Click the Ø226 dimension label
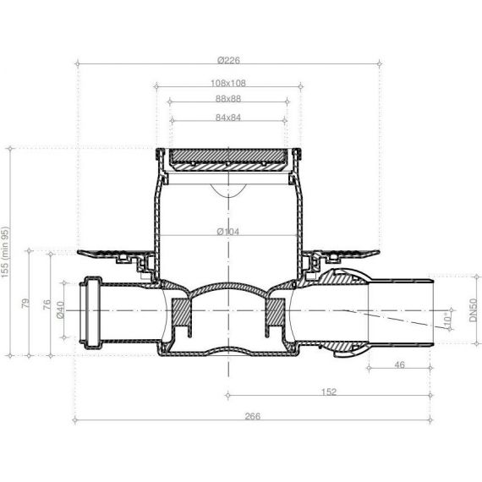(x=228, y=60)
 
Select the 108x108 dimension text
(x=228, y=83)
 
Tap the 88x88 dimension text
(x=228, y=99)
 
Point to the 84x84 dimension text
(x=228, y=118)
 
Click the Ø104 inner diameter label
(x=227, y=232)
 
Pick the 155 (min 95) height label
(x=5, y=252)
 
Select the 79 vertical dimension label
(x=26, y=303)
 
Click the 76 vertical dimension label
(x=47, y=304)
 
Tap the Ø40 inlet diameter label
(x=60, y=309)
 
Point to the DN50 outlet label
(x=473, y=310)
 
